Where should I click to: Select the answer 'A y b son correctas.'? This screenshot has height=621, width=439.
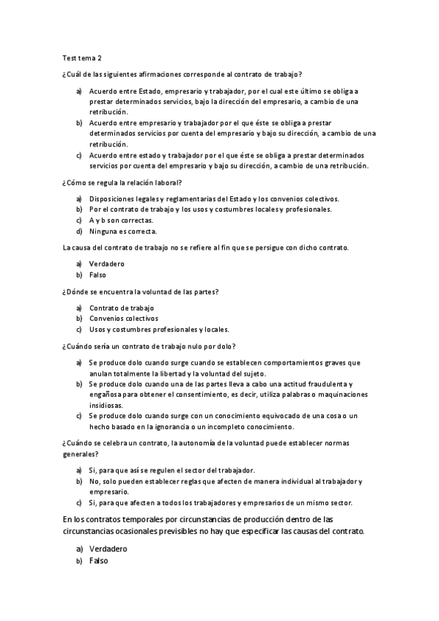click(121, 220)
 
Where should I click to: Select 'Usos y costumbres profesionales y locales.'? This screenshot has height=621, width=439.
click(159, 330)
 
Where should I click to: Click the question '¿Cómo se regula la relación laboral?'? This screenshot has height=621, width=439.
click(122, 182)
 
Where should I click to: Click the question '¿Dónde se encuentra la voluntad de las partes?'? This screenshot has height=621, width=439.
click(140, 291)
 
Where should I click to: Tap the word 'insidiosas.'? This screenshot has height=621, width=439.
click(107, 405)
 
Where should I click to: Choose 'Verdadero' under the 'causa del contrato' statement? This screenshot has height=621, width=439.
click(107, 264)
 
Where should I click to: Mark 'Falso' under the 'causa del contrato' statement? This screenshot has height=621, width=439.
click(97, 275)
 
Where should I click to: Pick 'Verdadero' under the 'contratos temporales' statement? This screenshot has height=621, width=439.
click(108, 549)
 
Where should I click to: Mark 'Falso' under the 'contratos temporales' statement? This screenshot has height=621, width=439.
click(98, 560)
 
